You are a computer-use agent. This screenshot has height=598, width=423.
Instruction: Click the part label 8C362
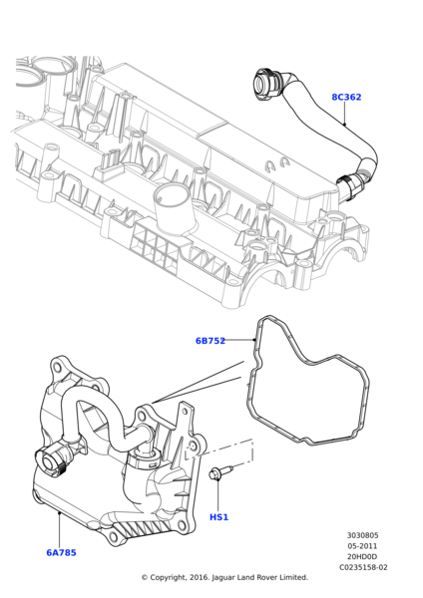346,98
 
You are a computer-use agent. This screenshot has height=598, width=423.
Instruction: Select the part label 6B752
211,341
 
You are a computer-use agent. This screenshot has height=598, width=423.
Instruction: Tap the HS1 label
218,517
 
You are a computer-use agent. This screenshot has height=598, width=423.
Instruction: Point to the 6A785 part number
61,552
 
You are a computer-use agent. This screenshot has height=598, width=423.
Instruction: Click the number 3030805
362,535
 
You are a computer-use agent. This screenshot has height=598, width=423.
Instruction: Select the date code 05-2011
362,546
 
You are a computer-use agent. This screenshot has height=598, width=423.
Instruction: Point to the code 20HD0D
362,557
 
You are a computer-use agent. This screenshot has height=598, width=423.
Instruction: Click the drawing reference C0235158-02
363,568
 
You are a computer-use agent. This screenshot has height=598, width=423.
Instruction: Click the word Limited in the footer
292,578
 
